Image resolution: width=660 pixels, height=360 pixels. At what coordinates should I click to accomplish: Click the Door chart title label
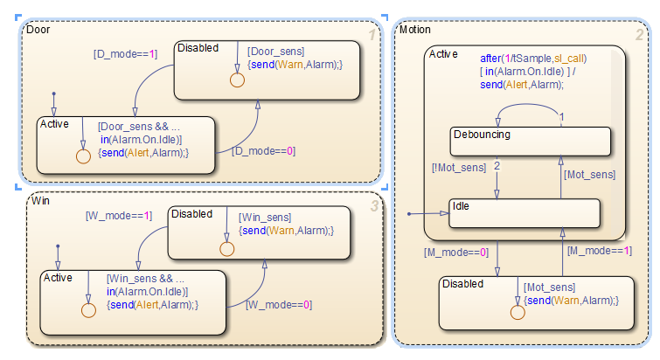click(x=38, y=29)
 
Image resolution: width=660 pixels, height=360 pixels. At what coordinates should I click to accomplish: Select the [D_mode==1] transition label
click(x=125, y=53)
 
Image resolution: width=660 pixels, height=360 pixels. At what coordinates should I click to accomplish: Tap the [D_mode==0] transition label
click(x=262, y=151)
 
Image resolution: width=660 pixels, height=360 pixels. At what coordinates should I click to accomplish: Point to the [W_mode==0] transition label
click(x=279, y=305)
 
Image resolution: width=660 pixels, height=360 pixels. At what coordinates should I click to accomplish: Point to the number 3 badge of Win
click(x=374, y=206)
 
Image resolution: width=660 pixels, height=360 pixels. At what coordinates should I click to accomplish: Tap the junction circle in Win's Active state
click(x=88, y=310)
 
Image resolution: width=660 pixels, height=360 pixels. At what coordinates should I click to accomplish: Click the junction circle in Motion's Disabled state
click(x=517, y=312)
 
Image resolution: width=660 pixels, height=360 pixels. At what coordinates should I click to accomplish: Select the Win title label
click(x=39, y=201)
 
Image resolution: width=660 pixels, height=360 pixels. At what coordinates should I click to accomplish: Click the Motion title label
click(x=414, y=30)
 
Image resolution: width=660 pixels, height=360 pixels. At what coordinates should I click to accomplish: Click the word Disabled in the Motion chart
click(x=463, y=284)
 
